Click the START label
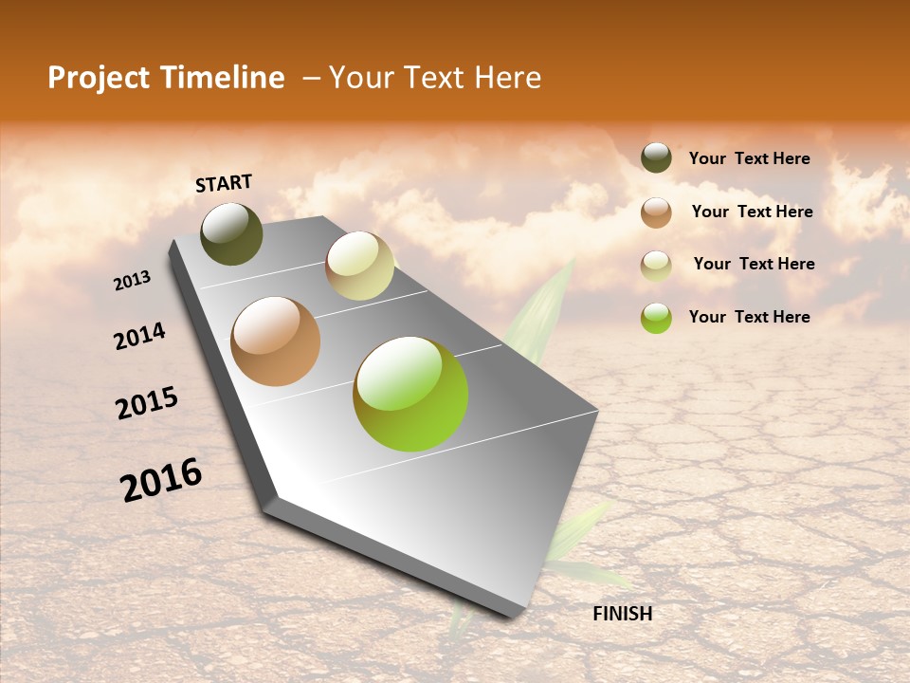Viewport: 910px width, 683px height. [224, 183]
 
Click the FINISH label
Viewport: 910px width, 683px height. [622, 614]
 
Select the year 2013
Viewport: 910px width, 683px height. [132, 281]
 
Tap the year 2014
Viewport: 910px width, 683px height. [139, 337]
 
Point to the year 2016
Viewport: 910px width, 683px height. [161, 480]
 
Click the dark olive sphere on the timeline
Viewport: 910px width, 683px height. [231, 234]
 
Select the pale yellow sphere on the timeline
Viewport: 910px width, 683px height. [359, 266]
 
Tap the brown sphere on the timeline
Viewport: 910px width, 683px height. [276, 341]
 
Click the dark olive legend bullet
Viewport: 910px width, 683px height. [656, 157]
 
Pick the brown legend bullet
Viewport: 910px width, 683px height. [656, 212]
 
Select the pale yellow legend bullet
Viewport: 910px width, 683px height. [656, 265]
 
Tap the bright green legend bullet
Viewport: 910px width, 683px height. [656, 318]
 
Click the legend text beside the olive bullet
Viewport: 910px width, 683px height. [749, 158]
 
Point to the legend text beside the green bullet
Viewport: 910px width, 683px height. [749, 317]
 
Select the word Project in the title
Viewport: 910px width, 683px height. [100, 78]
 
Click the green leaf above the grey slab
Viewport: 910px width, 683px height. [540, 313]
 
